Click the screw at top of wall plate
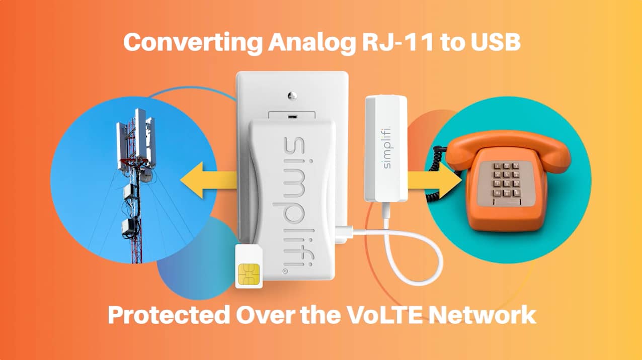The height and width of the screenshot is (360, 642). [291, 94]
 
